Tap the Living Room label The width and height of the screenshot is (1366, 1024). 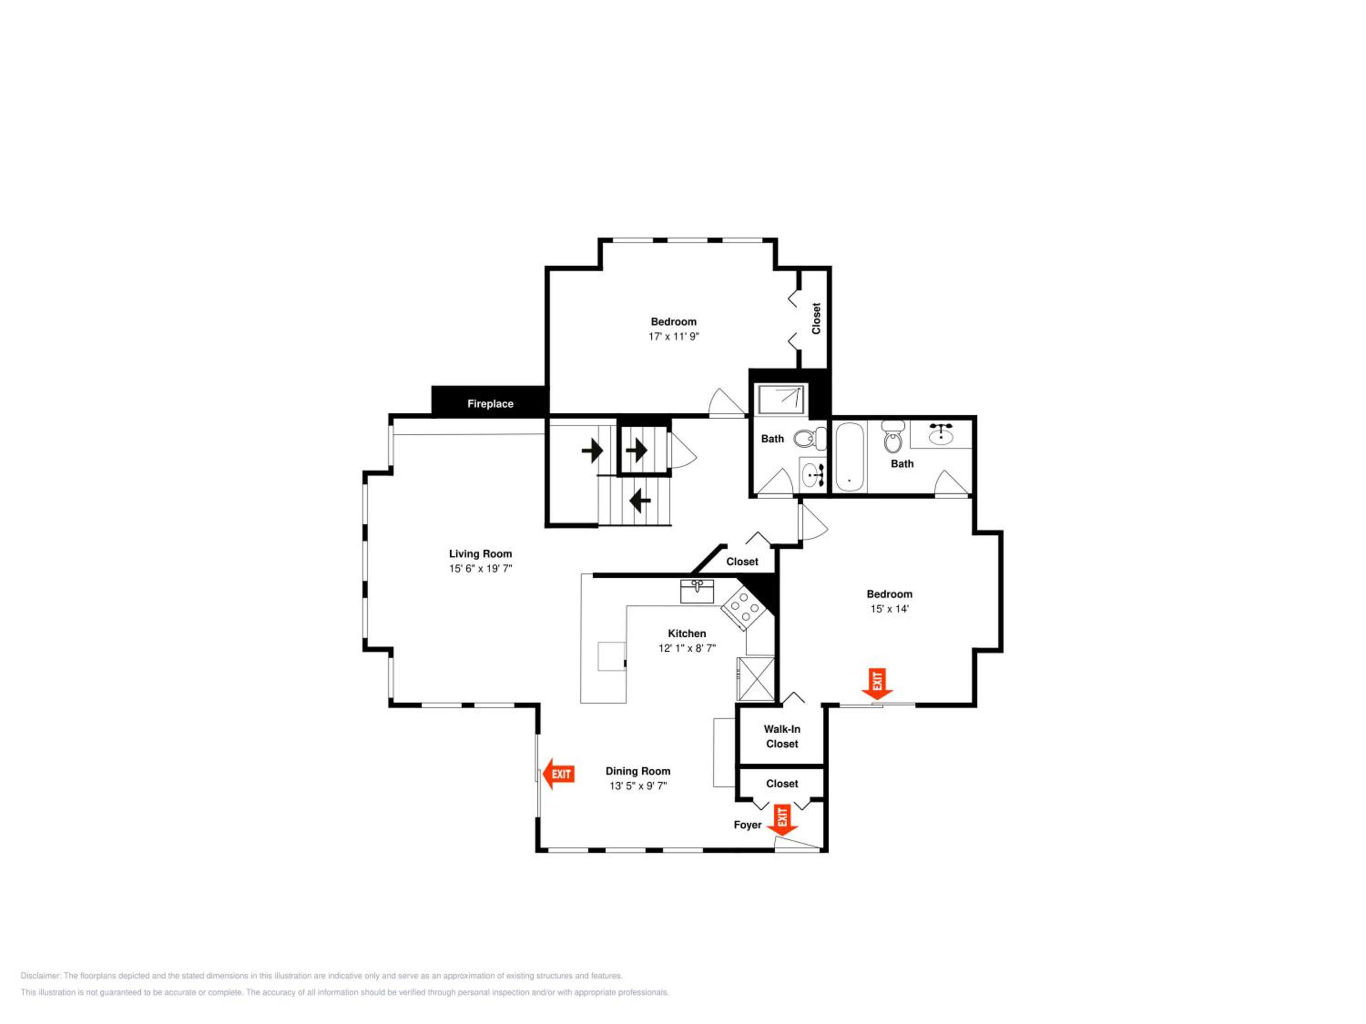click(x=480, y=554)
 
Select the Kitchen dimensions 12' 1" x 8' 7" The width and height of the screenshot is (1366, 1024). click(x=687, y=648)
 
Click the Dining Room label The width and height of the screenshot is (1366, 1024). click(x=637, y=771)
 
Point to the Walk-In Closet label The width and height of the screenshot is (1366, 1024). click(x=782, y=736)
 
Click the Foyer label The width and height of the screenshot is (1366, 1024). click(x=747, y=825)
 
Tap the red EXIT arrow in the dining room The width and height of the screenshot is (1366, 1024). click(x=558, y=774)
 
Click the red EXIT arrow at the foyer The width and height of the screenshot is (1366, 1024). click(x=782, y=820)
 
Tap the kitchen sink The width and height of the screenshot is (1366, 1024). click(x=697, y=591)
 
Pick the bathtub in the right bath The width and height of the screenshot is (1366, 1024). click(x=850, y=457)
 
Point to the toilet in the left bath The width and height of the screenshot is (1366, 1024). click(x=810, y=439)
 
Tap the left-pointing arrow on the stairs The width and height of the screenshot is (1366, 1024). click(x=640, y=500)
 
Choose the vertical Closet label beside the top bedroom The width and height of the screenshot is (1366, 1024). click(x=816, y=319)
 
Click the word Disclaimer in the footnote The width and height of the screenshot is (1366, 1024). click(x=41, y=976)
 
